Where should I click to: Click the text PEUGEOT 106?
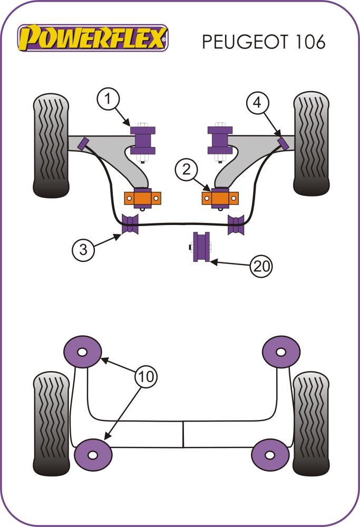click(263, 42)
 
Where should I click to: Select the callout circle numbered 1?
click(109, 100)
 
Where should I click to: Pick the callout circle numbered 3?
click(84, 249)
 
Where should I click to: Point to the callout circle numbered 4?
click(257, 103)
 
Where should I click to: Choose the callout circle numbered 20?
click(261, 266)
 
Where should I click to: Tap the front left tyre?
click(51, 144)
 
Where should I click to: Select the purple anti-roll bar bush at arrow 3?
click(130, 225)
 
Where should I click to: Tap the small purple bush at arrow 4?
click(283, 143)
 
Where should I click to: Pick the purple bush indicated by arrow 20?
click(201, 246)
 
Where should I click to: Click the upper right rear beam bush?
click(281, 350)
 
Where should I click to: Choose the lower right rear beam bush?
click(270, 454)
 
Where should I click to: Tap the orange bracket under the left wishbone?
click(143, 198)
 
